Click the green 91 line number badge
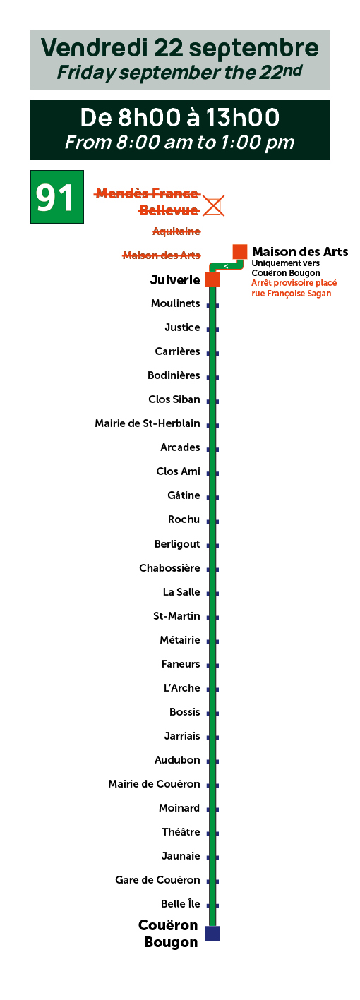[x=56, y=197]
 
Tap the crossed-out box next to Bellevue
[x=213, y=205]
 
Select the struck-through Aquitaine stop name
[x=176, y=231]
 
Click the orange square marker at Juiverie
[x=212, y=279]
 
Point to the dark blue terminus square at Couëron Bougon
[x=212, y=933]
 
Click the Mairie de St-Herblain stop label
[x=148, y=423]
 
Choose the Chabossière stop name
[x=169, y=568]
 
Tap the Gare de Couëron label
[x=157, y=879]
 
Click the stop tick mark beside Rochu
[x=212, y=522]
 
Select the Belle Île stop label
[x=181, y=903]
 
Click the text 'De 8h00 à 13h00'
[x=180, y=117]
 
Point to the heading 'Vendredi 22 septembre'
[x=180, y=48]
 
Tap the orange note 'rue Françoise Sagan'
[x=292, y=294]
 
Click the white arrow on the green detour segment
[x=226, y=267]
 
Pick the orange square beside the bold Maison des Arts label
[x=240, y=252]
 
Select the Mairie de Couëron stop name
[x=154, y=784]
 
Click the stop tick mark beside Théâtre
[x=212, y=833]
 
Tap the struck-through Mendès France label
[x=147, y=193]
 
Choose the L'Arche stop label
[x=182, y=688]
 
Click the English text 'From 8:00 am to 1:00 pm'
[x=180, y=143]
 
